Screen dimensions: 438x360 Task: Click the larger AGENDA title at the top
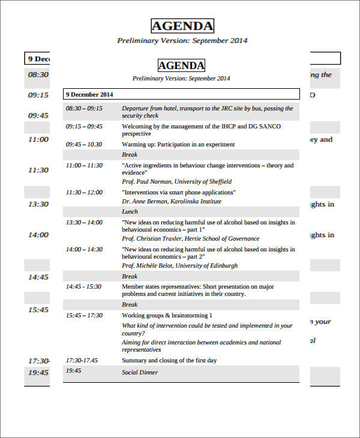tap(182, 26)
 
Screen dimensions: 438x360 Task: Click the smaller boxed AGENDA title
tap(181, 65)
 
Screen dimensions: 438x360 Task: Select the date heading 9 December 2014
tap(89, 94)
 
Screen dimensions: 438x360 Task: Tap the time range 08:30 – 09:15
tap(84, 109)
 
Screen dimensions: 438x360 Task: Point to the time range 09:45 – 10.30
tap(84, 145)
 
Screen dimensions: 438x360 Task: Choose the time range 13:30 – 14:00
tap(84, 223)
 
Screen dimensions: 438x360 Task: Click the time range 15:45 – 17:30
tap(84, 316)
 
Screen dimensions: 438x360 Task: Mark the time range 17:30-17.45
tap(82, 361)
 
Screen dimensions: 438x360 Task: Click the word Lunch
tap(130, 212)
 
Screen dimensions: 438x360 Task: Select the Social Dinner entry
tap(139, 373)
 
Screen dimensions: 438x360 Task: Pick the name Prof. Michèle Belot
tap(148, 266)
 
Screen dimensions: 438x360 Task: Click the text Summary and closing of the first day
tap(169, 361)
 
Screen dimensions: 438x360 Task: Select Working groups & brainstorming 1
tap(167, 316)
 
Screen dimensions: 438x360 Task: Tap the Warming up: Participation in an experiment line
tap(178, 145)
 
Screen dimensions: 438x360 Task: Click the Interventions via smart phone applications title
tap(179, 193)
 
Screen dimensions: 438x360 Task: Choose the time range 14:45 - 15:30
tap(84, 287)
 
